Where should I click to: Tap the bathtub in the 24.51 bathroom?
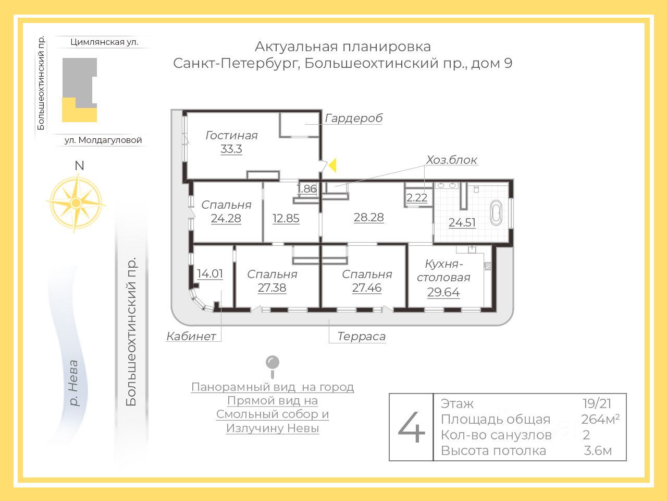point(496,213)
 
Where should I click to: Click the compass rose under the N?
point(76,202)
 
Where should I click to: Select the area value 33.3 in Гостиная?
point(231,149)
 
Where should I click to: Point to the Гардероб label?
point(353,118)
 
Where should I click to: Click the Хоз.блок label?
point(451,160)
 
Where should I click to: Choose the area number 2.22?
point(417,198)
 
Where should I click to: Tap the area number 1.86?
point(306,189)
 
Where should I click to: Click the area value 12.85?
point(286,218)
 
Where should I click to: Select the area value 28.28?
point(368,217)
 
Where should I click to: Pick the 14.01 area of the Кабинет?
point(210,273)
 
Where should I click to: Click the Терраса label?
point(361,337)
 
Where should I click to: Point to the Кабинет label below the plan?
point(191,337)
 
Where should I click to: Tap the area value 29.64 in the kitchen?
point(443,292)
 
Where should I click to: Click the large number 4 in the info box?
point(412,427)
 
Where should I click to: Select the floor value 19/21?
point(597,403)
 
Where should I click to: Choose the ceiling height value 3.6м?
point(598,451)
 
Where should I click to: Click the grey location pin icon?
point(272,364)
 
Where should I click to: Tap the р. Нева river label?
point(73,383)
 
